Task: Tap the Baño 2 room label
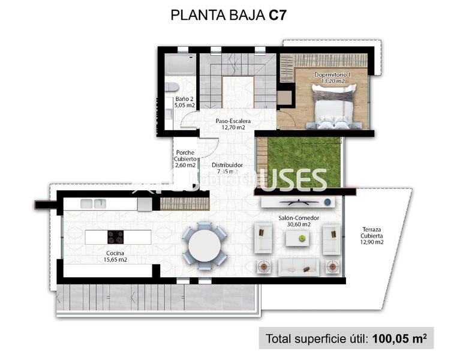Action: [x=184, y=103]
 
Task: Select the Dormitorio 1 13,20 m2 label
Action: [x=332, y=77]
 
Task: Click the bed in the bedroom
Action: [x=332, y=107]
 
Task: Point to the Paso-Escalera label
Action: [x=233, y=124]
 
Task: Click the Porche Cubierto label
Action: [x=185, y=159]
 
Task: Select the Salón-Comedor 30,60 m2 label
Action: [x=298, y=221]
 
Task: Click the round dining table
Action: [x=204, y=244]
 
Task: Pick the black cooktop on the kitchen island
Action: [x=115, y=237]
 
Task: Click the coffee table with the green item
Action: [x=297, y=238]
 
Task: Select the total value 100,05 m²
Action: [x=399, y=339]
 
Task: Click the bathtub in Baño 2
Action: [x=178, y=64]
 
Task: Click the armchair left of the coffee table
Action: [x=264, y=238]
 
